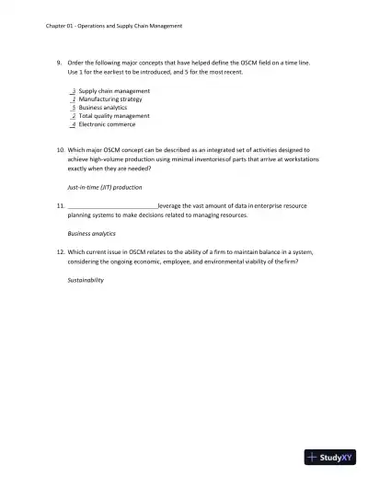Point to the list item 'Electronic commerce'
pyautogui.click(x=107, y=124)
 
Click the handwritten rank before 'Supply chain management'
pyautogui.click(x=74, y=92)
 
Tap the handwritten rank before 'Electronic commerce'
pyautogui.click(x=74, y=124)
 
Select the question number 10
pyautogui.click(x=60, y=148)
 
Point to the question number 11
pyautogui.click(x=60, y=205)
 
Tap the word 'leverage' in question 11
pyautogui.click(x=170, y=205)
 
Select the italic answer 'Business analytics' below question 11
pyautogui.click(x=92, y=234)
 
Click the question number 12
pyautogui.click(x=60, y=251)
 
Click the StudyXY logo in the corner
pyautogui.click(x=330, y=457)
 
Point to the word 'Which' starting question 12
pyautogui.click(x=78, y=251)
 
